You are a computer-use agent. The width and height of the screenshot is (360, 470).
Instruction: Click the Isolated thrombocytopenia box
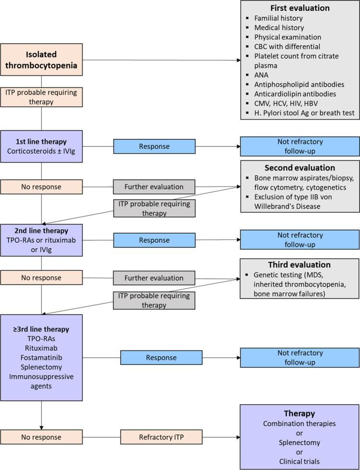click(41, 60)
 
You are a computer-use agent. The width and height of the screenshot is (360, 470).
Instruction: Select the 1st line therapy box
click(41, 147)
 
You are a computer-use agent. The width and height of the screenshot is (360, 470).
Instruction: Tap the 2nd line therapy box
click(41, 240)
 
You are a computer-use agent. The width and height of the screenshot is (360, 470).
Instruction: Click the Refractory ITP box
click(161, 437)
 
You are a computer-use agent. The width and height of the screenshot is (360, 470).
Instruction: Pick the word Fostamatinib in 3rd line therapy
click(41, 358)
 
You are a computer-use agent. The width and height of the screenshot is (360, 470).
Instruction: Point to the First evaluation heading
click(299, 8)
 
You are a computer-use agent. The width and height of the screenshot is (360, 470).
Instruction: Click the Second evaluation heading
click(299, 168)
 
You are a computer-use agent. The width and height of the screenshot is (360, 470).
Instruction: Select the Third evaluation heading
click(299, 265)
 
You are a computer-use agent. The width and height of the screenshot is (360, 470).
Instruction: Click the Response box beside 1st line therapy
click(154, 146)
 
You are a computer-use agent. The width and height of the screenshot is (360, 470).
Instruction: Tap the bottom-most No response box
click(41, 437)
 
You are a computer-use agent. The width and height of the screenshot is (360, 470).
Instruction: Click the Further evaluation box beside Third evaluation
click(154, 278)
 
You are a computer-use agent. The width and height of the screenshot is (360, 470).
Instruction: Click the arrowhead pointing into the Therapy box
click(237, 437)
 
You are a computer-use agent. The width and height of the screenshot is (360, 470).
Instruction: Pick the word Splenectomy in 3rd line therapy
click(41, 367)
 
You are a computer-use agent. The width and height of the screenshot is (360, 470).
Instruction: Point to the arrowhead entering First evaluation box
click(237, 60)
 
